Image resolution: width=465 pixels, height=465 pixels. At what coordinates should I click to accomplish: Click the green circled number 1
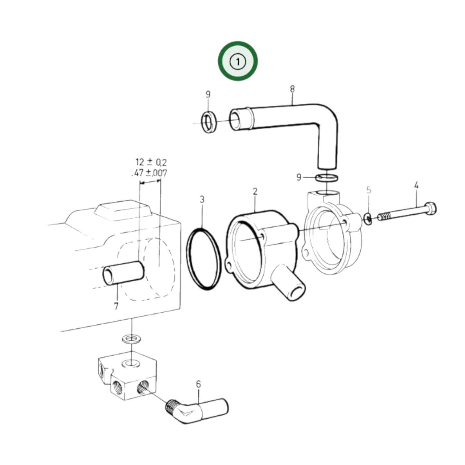coord(237,61)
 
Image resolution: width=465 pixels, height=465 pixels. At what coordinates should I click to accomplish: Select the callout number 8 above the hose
coord(292,89)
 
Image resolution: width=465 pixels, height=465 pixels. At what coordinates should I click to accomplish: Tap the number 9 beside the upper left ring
coord(208,94)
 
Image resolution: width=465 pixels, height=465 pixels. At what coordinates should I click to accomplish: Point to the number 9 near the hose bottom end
coord(299,177)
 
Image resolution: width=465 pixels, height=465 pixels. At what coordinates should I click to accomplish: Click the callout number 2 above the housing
coord(255,192)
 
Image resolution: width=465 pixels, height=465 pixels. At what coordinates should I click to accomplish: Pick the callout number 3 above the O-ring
coord(202,200)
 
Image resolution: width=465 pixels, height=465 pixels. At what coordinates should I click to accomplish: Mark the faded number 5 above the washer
coord(369,190)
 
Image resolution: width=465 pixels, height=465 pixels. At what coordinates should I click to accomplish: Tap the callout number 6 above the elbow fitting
coord(198,384)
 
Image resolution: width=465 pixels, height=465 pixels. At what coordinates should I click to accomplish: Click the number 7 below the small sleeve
coord(116,305)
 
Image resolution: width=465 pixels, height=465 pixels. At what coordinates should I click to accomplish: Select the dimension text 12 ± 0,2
coord(151,162)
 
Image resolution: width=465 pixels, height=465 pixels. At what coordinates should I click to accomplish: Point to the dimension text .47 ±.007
coord(150,173)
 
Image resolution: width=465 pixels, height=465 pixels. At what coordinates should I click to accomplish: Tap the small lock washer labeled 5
coord(368,219)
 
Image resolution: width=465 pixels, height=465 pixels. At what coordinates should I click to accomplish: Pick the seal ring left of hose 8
coord(209,122)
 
